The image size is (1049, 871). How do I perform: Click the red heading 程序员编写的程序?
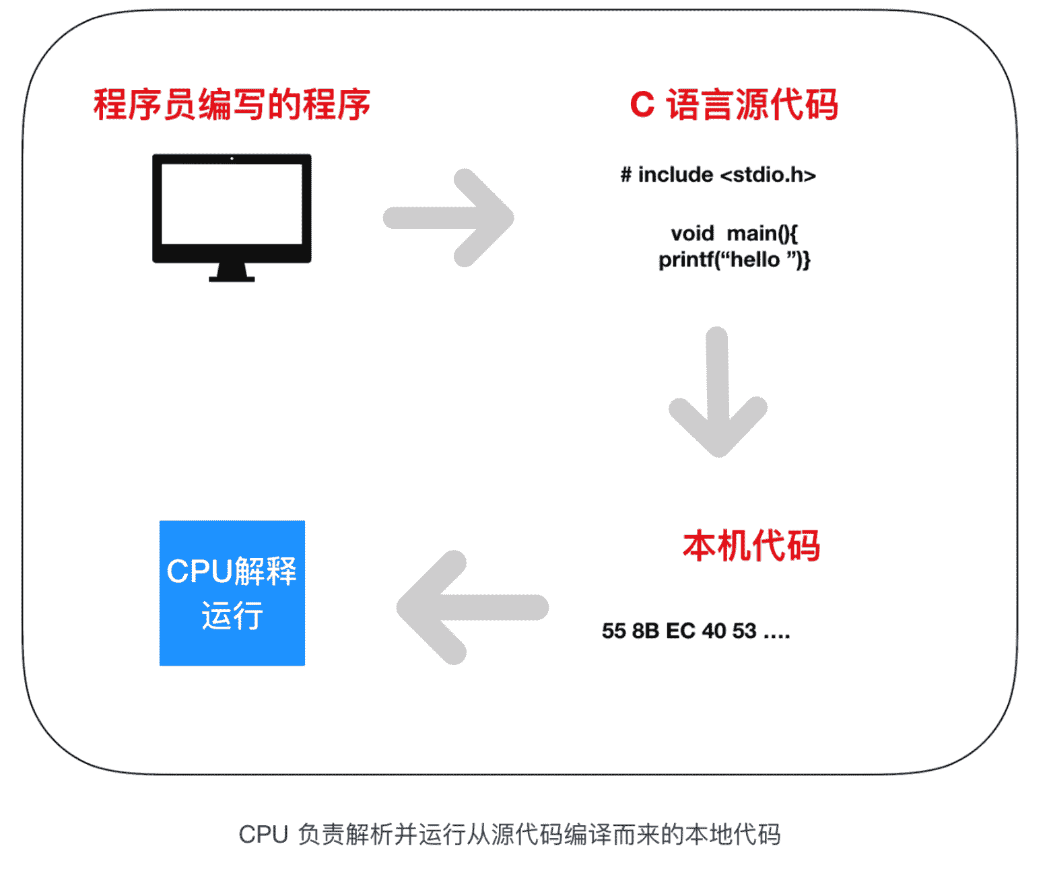[232, 105]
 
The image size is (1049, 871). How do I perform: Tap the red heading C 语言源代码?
[734, 105]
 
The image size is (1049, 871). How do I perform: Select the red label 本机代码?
[751, 545]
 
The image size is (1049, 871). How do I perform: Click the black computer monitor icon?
[232, 209]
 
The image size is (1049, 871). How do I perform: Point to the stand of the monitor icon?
[232, 272]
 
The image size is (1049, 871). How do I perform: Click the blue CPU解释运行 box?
[232, 593]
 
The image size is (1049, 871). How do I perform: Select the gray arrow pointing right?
[450, 217]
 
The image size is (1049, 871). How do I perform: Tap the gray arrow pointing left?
[471, 607]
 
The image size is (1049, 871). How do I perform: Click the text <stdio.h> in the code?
[768, 175]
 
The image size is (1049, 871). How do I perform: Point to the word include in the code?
[675, 175]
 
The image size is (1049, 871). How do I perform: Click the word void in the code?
[692, 234]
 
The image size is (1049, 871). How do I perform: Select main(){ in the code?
[762, 234]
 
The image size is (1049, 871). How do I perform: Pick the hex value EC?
[680, 631]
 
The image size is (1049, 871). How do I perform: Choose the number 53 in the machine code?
[744, 631]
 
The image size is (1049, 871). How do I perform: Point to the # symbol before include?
[626, 175]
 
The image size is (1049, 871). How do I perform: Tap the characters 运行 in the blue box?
[232, 616]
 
